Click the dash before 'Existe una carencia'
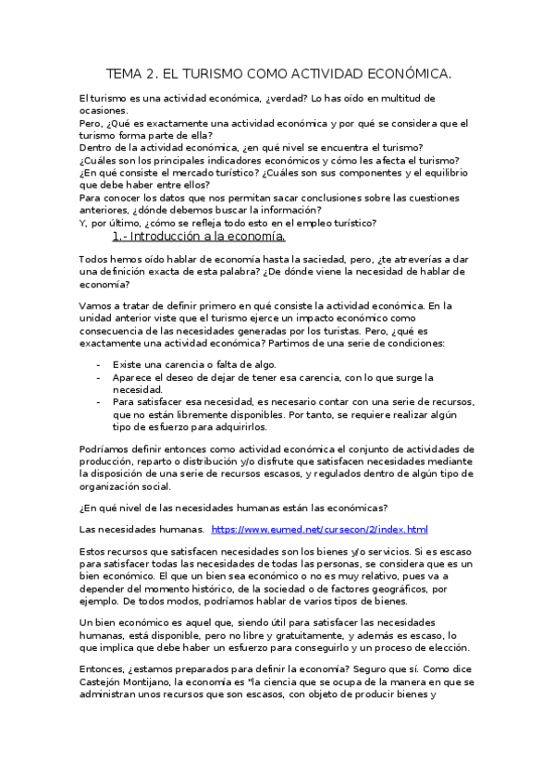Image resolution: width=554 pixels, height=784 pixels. pyautogui.click(x=99, y=364)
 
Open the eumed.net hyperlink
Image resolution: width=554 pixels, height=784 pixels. pyautogui.click(x=319, y=530)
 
